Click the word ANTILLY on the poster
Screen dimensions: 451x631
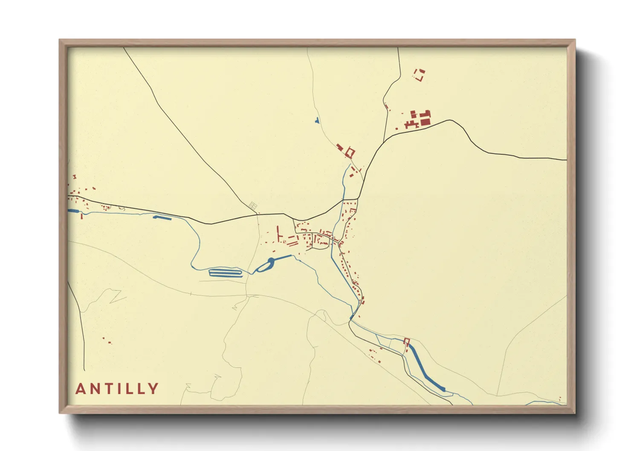click(117, 389)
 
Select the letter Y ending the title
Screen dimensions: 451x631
click(153, 389)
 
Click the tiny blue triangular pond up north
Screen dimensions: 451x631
click(316, 121)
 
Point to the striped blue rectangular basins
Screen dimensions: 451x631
click(225, 273)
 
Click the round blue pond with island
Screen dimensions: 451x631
click(265, 266)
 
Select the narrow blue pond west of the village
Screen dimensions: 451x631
click(162, 218)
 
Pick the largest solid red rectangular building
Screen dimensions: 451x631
click(425, 122)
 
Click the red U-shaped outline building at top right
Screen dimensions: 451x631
click(420, 75)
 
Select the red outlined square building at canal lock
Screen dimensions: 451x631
click(406, 341)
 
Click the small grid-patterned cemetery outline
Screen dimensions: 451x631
click(253, 205)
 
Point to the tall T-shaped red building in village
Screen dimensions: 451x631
click(279, 234)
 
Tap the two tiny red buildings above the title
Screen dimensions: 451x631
click(107, 340)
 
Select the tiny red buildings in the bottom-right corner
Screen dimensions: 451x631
click(560, 400)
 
